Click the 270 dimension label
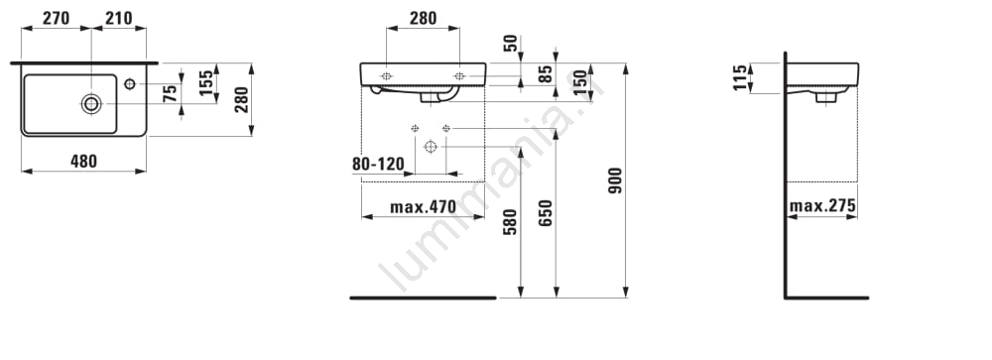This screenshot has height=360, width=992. (x=56, y=19)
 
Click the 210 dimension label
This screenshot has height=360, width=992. (x=119, y=19)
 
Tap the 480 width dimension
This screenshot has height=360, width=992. (x=83, y=162)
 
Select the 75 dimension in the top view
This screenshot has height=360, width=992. (x=170, y=94)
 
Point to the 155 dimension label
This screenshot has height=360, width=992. (x=206, y=83)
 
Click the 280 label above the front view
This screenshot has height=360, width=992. (x=423, y=19)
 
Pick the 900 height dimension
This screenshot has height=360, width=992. (x=615, y=180)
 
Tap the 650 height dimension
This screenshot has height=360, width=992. (x=546, y=213)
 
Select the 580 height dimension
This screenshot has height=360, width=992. (x=510, y=221)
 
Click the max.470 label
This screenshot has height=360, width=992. (x=423, y=206)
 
